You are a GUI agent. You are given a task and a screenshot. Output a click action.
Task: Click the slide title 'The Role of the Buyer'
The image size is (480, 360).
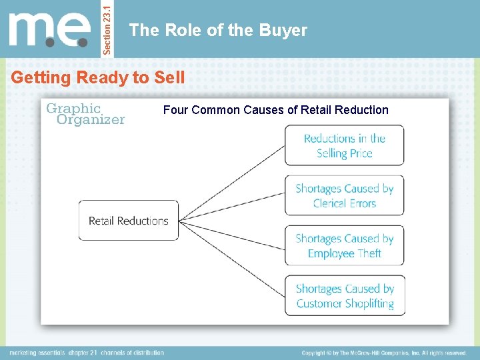tap(218, 30)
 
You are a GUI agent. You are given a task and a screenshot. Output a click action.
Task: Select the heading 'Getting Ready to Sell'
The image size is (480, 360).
tap(98, 77)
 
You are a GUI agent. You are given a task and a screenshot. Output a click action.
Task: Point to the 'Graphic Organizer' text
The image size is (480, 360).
tap(85, 114)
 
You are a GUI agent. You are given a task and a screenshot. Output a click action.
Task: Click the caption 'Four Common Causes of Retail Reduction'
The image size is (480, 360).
tap(275, 110)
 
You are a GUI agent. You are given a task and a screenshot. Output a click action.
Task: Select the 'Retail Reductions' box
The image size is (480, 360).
tap(129, 221)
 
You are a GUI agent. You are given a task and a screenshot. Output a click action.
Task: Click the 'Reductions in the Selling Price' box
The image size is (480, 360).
tap(344, 145)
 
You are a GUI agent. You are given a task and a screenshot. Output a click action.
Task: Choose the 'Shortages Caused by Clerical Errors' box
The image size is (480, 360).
tap(344, 195)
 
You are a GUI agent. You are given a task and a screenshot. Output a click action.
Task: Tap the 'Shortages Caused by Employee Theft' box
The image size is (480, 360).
tap(344, 245)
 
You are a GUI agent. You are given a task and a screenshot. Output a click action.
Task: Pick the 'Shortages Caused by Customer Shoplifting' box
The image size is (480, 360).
tap(344, 295)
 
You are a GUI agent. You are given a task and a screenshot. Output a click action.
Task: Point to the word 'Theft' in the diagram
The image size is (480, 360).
tap(369, 253)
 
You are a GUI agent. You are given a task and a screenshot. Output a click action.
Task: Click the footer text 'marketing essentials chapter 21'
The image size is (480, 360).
tap(53, 353)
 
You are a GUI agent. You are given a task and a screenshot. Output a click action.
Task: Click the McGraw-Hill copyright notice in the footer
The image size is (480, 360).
tap(383, 353)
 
